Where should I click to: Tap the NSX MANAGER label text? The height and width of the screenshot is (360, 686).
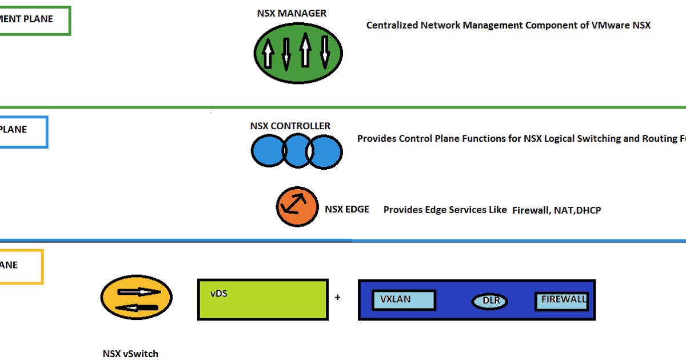[292, 13]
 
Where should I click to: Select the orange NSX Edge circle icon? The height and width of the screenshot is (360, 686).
[297, 206]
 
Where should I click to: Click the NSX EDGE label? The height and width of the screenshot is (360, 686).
[347, 209]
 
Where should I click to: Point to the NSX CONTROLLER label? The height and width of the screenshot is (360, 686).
[290, 126]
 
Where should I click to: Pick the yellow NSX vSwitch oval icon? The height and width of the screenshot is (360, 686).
[136, 299]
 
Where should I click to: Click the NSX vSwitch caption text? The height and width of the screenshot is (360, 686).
[130, 354]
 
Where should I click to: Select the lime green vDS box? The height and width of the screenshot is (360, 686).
[263, 299]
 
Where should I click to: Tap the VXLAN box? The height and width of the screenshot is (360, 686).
[404, 300]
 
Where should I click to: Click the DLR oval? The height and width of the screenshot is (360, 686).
[490, 301]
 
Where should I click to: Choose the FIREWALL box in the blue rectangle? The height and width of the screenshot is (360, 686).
[561, 301]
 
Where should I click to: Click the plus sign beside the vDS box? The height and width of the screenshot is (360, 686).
[338, 297]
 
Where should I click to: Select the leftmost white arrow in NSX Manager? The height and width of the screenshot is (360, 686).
[268, 55]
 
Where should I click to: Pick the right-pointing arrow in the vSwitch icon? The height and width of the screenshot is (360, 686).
[139, 291]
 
